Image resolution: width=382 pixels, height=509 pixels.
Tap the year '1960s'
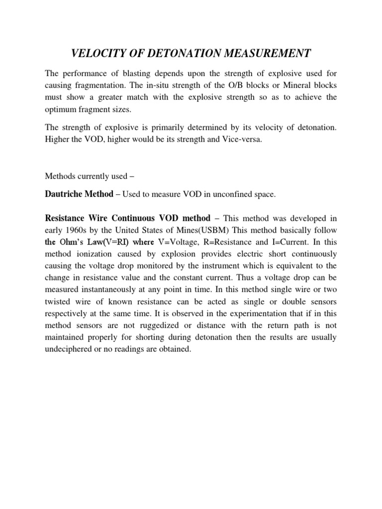point(76,231)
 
